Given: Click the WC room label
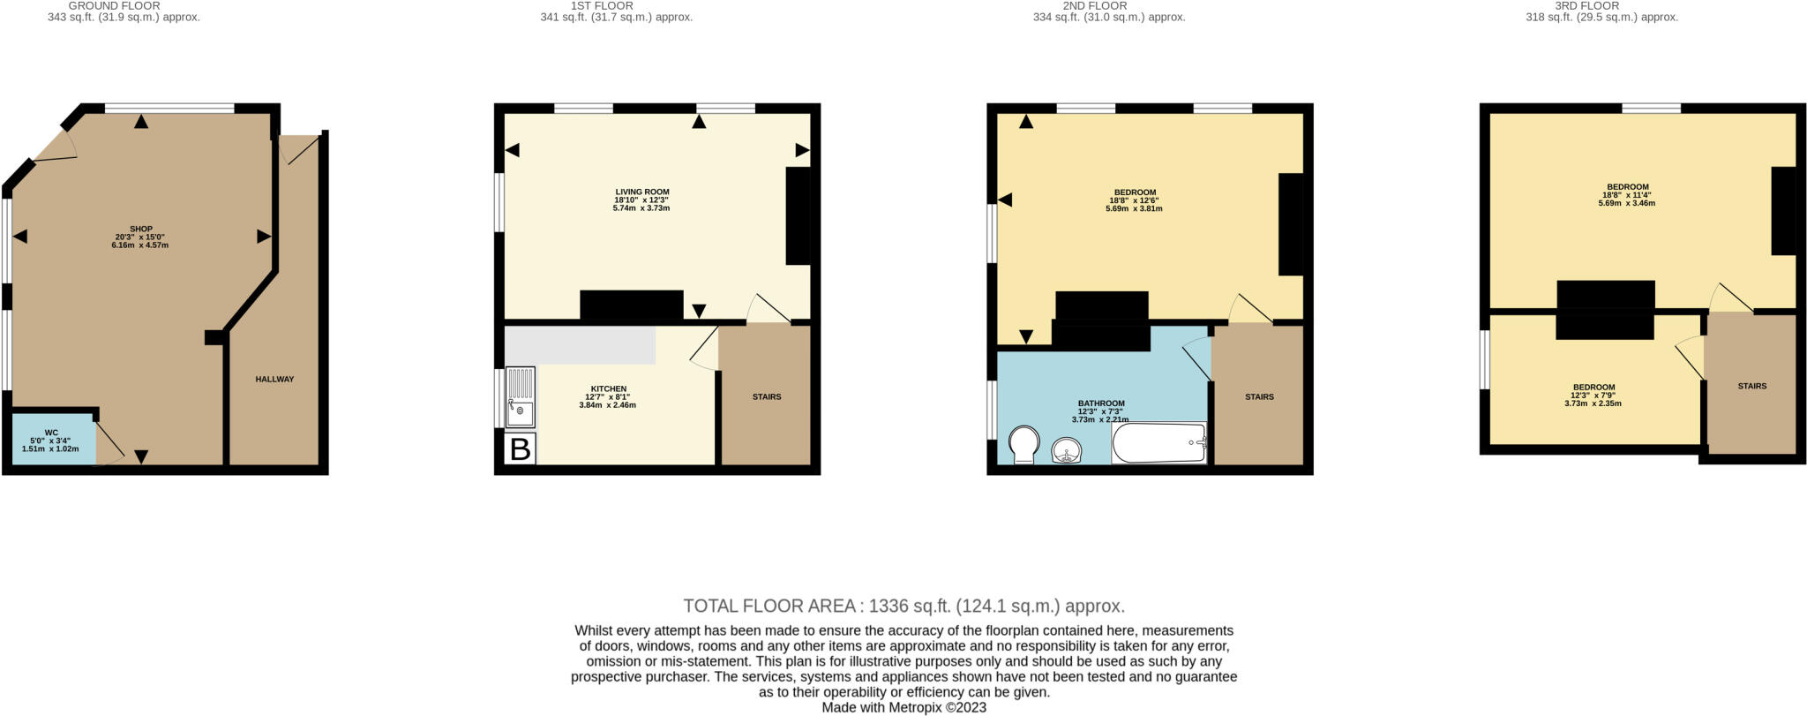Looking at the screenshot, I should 51,433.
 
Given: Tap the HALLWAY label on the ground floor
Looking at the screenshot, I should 274,380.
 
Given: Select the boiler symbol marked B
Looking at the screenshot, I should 521,449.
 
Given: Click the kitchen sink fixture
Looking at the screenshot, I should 521,397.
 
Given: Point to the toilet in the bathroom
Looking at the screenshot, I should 1023,445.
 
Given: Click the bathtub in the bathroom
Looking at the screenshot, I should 1158,443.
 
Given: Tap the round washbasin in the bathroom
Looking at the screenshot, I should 1068,451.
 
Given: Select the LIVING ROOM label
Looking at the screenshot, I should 641,192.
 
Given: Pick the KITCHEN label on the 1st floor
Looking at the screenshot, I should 608,389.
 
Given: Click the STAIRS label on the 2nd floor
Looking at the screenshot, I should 1259,397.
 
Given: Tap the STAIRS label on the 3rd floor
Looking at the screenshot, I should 1751,387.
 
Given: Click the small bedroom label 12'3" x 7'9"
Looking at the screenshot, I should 1593,395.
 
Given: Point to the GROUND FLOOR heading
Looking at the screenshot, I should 114,5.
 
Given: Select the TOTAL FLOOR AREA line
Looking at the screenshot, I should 903,607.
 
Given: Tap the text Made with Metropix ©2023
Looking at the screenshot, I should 903,708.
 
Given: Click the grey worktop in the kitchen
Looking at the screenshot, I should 580,345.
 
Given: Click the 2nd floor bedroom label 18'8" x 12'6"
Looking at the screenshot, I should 1135,200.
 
